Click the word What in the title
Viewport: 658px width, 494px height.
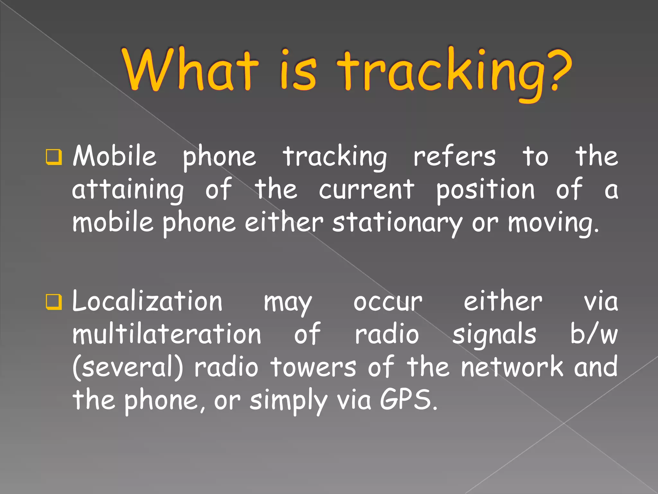click(x=190, y=70)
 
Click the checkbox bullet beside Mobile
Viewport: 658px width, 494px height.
click(x=54, y=157)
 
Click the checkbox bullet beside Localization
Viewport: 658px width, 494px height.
click(x=54, y=302)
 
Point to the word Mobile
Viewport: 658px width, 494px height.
click(x=115, y=156)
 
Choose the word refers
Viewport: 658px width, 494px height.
click(x=454, y=157)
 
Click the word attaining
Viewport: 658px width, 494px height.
click(x=128, y=190)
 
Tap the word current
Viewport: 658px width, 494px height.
click(x=366, y=190)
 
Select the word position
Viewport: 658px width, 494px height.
click(x=485, y=190)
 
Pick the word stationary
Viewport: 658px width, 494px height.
click(x=397, y=223)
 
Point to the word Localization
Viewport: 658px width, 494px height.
click(x=147, y=302)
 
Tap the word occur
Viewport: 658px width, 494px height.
click(x=388, y=303)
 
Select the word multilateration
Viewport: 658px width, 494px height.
click(x=167, y=334)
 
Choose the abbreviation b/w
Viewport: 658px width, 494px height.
click(x=594, y=334)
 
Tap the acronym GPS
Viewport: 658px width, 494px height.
click(x=408, y=400)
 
